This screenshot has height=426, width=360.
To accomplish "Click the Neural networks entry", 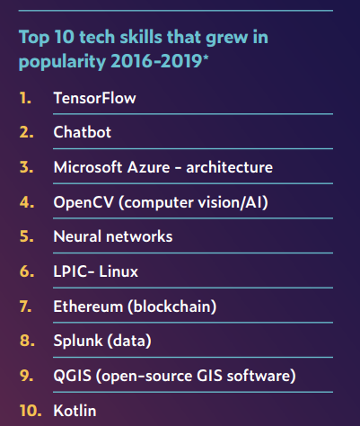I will point(112,237).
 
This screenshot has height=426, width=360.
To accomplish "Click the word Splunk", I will point(76,342).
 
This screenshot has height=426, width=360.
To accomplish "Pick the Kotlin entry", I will point(75,411).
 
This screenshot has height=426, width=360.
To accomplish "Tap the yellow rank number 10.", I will point(28,411).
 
